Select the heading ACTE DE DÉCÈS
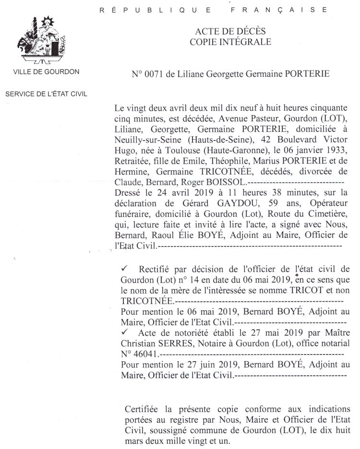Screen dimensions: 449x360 [x=230, y=32]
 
